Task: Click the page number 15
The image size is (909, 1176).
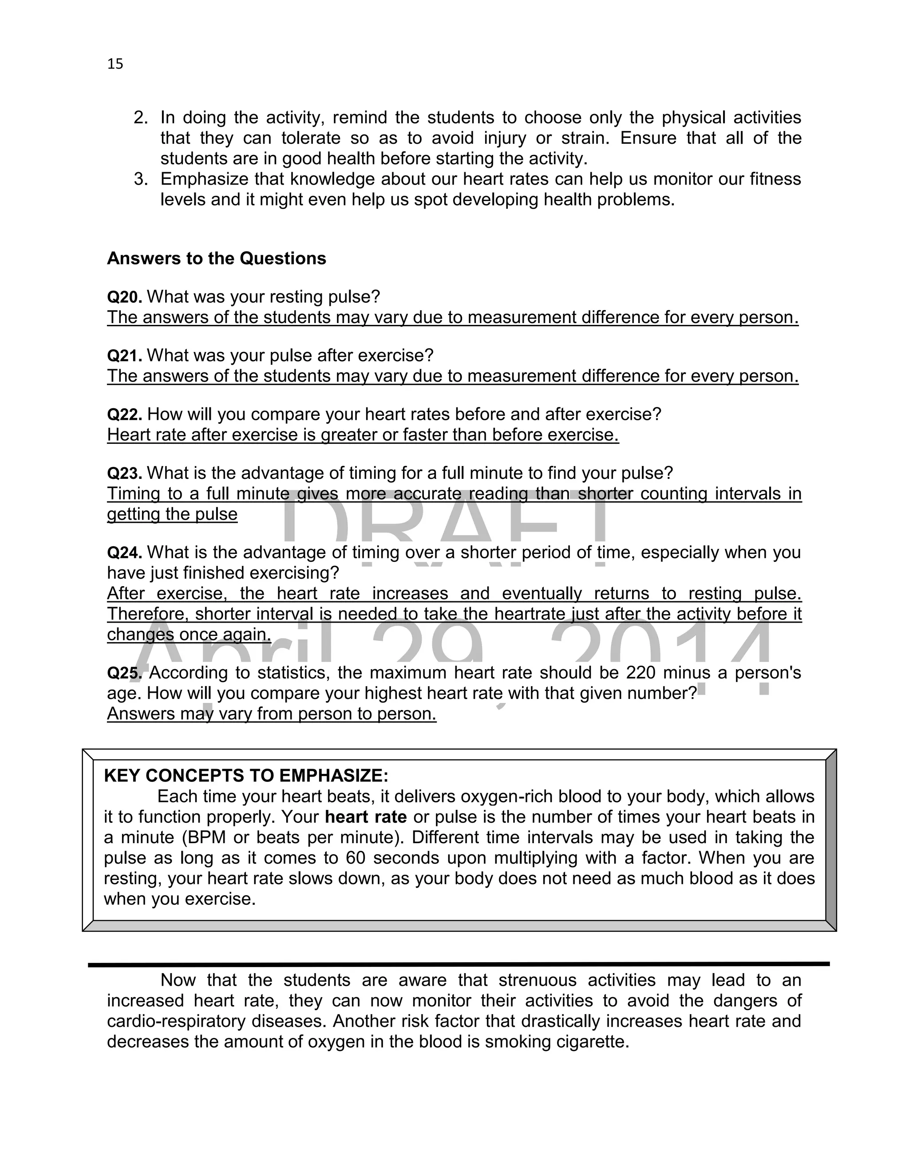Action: pos(115,64)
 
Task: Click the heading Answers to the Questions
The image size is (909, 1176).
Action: pos(217,258)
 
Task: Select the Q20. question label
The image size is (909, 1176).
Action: pos(124,297)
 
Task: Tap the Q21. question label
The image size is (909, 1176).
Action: pos(124,355)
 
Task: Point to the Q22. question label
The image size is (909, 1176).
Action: pos(124,414)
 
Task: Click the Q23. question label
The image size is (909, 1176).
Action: pos(124,474)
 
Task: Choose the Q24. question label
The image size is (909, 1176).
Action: pos(124,552)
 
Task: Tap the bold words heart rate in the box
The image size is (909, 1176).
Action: pos(366,817)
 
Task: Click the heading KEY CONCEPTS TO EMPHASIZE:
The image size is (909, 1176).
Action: pos(245,776)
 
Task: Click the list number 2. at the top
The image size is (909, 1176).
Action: pos(141,118)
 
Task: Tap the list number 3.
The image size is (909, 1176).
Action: pos(141,179)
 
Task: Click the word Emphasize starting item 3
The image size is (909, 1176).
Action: pos(205,179)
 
